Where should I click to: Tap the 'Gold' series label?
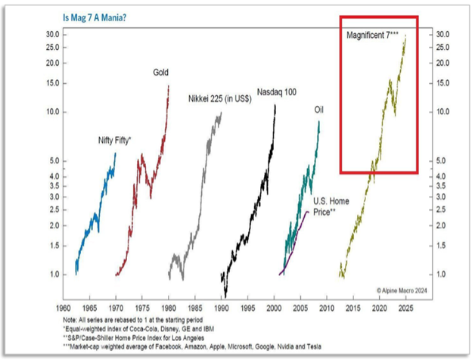point(161,73)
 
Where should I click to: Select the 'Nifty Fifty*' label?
point(115,140)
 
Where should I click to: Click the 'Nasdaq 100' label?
point(275,92)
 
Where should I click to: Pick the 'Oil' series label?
point(320,110)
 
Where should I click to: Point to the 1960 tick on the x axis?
point(65,309)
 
